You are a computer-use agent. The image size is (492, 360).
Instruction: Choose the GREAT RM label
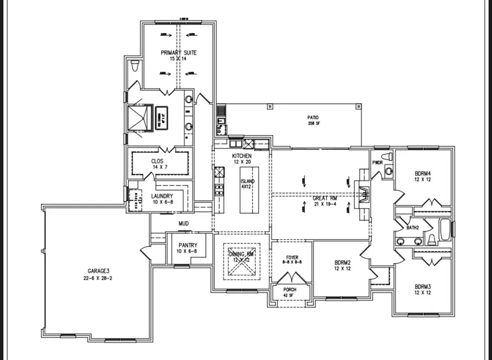pyautogui.click(x=324, y=199)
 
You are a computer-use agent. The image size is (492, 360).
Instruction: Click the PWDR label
pyautogui.click(x=377, y=162)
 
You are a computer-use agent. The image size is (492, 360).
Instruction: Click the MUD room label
pyautogui.click(x=184, y=223)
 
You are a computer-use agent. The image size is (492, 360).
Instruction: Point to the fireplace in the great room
pyautogui.click(x=362, y=193)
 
